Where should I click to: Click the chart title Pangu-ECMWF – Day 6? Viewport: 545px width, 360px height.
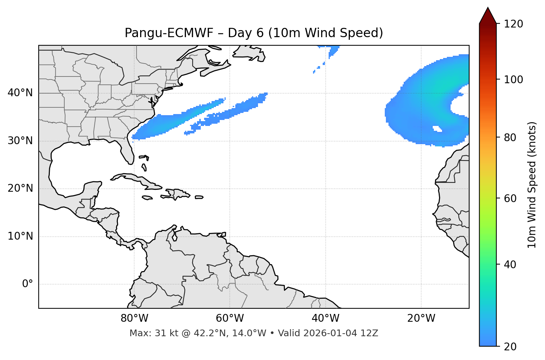(254, 33)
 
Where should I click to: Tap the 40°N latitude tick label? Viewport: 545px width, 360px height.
(20, 93)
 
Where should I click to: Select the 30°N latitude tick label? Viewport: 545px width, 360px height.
(20, 141)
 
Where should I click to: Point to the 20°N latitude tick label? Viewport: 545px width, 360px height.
(20, 189)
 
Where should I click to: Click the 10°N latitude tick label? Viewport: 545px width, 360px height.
(20, 236)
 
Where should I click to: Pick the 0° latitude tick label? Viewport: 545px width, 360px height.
(28, 284)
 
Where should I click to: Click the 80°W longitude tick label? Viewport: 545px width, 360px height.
(134, 318)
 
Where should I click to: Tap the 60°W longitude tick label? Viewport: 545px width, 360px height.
(230, 318)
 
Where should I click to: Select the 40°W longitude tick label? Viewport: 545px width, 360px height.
(326, 318)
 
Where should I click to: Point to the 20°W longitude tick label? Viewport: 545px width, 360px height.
(421, 318)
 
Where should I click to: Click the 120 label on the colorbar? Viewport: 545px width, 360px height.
(513, 24)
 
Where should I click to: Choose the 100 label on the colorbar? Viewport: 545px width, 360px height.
(513, 80)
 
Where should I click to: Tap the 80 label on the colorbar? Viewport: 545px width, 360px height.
(511, 137)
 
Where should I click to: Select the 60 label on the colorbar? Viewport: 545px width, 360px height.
(511, 198)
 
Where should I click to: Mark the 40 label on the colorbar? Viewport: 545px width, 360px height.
(511, 265)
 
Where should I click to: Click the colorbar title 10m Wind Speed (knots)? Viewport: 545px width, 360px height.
(532, 185)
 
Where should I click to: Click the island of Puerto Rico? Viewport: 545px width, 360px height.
(199, 197)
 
